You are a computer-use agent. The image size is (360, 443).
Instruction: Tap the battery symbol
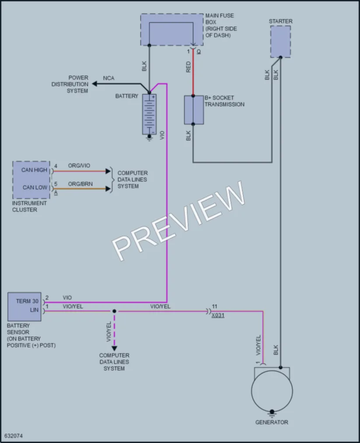(149, 115)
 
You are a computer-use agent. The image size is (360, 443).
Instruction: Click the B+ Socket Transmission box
(194, 110)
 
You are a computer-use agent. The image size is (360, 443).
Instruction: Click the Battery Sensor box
(24, 307)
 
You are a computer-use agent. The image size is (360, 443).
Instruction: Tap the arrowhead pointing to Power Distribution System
(94, 84)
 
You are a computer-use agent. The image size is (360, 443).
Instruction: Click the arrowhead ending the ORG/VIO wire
(108, 171)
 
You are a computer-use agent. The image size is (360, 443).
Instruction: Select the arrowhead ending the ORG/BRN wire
(108, 188)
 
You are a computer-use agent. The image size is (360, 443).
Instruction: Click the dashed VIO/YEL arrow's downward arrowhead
(114, 349)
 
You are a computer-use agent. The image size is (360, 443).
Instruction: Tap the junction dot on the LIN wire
(114, 311)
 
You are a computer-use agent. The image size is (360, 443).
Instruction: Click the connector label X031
(218, 315)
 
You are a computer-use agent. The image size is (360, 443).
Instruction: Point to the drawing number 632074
(14, 436)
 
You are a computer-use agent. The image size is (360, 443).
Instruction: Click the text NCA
(108, 78)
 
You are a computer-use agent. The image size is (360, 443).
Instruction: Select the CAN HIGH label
(34, 170)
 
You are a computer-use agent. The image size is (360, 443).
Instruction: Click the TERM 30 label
(27, 301)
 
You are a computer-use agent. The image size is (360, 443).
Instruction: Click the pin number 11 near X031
(214, 306)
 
